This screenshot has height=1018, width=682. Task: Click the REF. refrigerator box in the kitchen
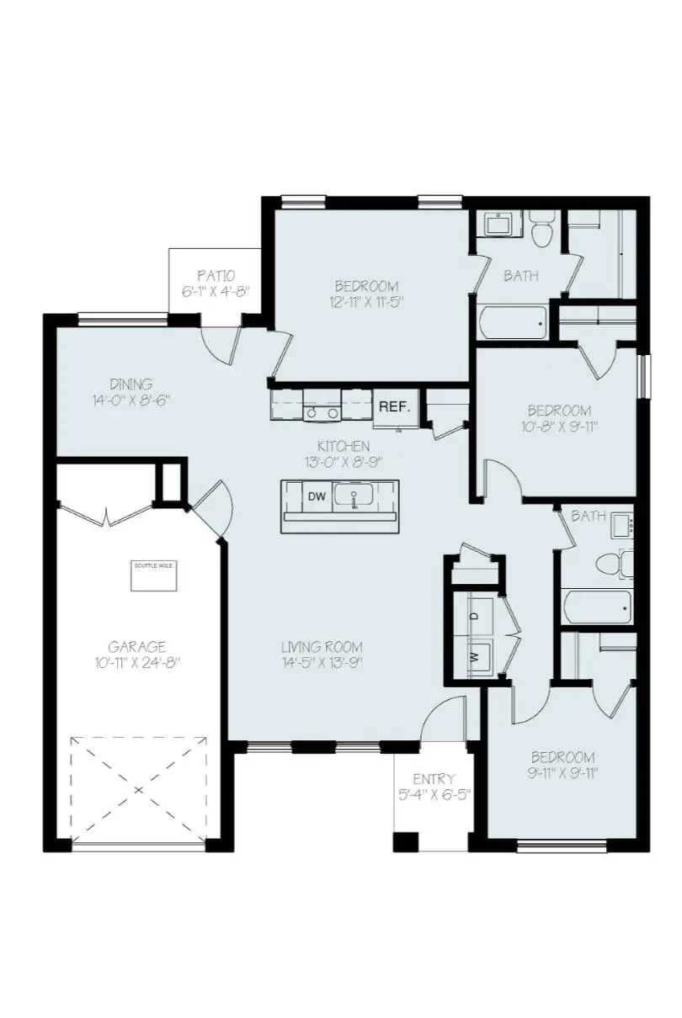pyautogui.click(x=394, y=406)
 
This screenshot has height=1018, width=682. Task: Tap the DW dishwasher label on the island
pyautogui.click(x=317, y=496)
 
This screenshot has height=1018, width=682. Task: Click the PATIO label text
pyautogui.click(x=216, y=275)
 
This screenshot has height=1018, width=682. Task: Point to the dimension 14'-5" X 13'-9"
pyautogui.click(x=322, y=662)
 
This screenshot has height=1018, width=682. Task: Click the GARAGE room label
pyautogui.click(x=136, y=646)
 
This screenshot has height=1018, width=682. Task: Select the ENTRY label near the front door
pyautogui.click(x=434, y=778)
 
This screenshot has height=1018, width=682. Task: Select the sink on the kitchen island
pyautogui.click(x=354, y=496)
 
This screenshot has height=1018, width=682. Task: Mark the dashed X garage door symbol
pyautogui.click(x=139, y=790)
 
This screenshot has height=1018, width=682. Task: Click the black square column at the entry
pyautogui.click(x=406, y=841)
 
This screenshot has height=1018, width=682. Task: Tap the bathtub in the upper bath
pyautogui.click(x=514, y=322)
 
